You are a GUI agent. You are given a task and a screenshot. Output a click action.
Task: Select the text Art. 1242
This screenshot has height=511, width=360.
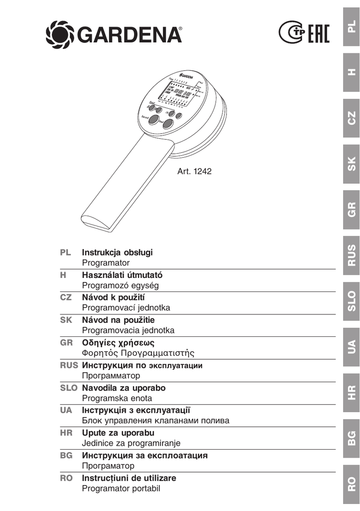click(x=194, y=171)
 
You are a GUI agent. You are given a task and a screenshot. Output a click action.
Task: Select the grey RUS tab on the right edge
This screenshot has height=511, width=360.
click(x=352, y=255)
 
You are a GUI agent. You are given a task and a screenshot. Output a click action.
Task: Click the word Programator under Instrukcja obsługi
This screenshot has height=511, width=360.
click(x=106, y=262)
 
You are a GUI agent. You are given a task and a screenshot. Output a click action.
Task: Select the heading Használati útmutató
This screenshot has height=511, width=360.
click(x=122, y=274)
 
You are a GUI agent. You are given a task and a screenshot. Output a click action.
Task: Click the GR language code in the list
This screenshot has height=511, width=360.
click(x=66, y=342)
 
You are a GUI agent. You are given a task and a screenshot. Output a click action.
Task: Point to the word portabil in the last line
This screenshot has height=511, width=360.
click(x=146, y=489)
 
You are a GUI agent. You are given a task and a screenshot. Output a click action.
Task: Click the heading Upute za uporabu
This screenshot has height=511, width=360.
click(x=118, y=432)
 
